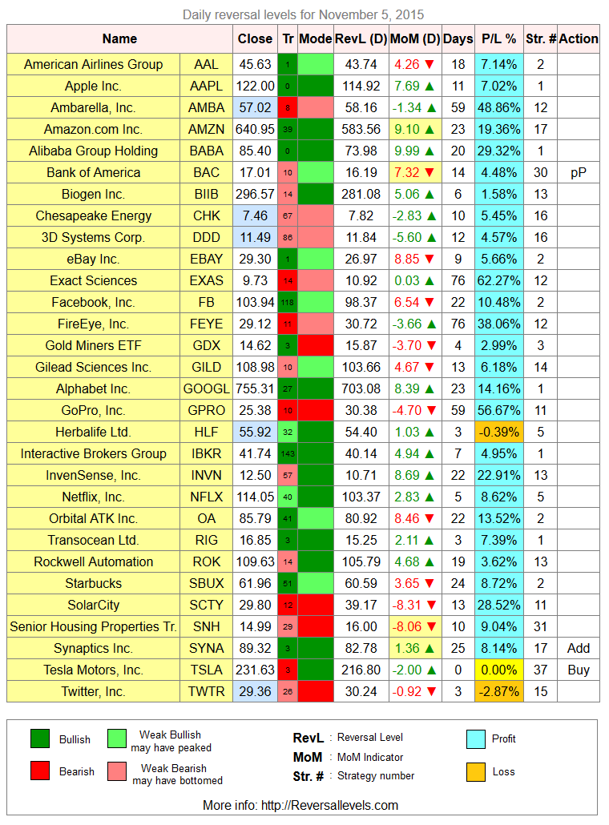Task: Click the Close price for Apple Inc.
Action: (256, 86)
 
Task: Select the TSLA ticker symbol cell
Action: (206, 670)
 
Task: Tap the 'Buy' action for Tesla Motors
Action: (579, 670)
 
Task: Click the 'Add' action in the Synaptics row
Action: (579, 648)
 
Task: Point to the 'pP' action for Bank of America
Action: (579, 173)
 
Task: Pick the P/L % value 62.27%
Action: (499, 281)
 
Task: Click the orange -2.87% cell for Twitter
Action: (499, 691)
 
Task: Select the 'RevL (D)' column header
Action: (361, 39)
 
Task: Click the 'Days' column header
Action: (458, 39)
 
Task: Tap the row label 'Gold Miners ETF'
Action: (93, 346)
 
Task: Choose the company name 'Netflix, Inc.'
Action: (93, 497)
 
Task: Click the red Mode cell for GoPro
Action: (316, 410)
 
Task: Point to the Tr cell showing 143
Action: (288, 453)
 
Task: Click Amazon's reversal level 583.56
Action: (361, 130)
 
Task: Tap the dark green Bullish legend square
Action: (40, 738)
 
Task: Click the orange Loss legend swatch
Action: (475, 772)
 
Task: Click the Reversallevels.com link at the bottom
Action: (329, 806)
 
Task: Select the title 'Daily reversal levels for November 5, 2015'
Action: (303, 14)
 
